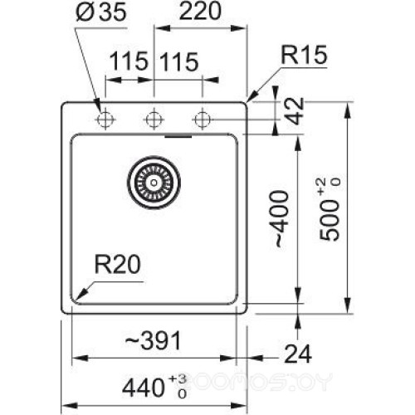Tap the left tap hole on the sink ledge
tap(105, 120)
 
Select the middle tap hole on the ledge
tap(153, 120)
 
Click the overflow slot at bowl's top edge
tap(178, 133)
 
